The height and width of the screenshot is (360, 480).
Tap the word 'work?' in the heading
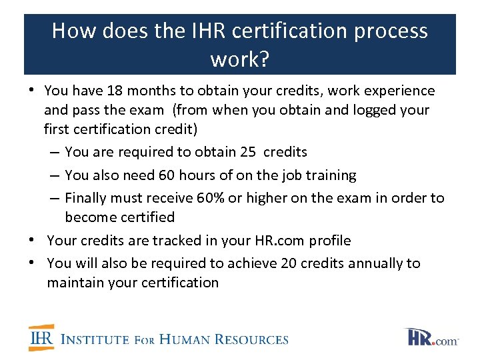[240, 59]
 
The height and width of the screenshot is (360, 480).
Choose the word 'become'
[91, 217]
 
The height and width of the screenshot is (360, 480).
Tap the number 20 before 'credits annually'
[289, 263]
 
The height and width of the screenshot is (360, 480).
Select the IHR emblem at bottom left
[41, 338]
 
